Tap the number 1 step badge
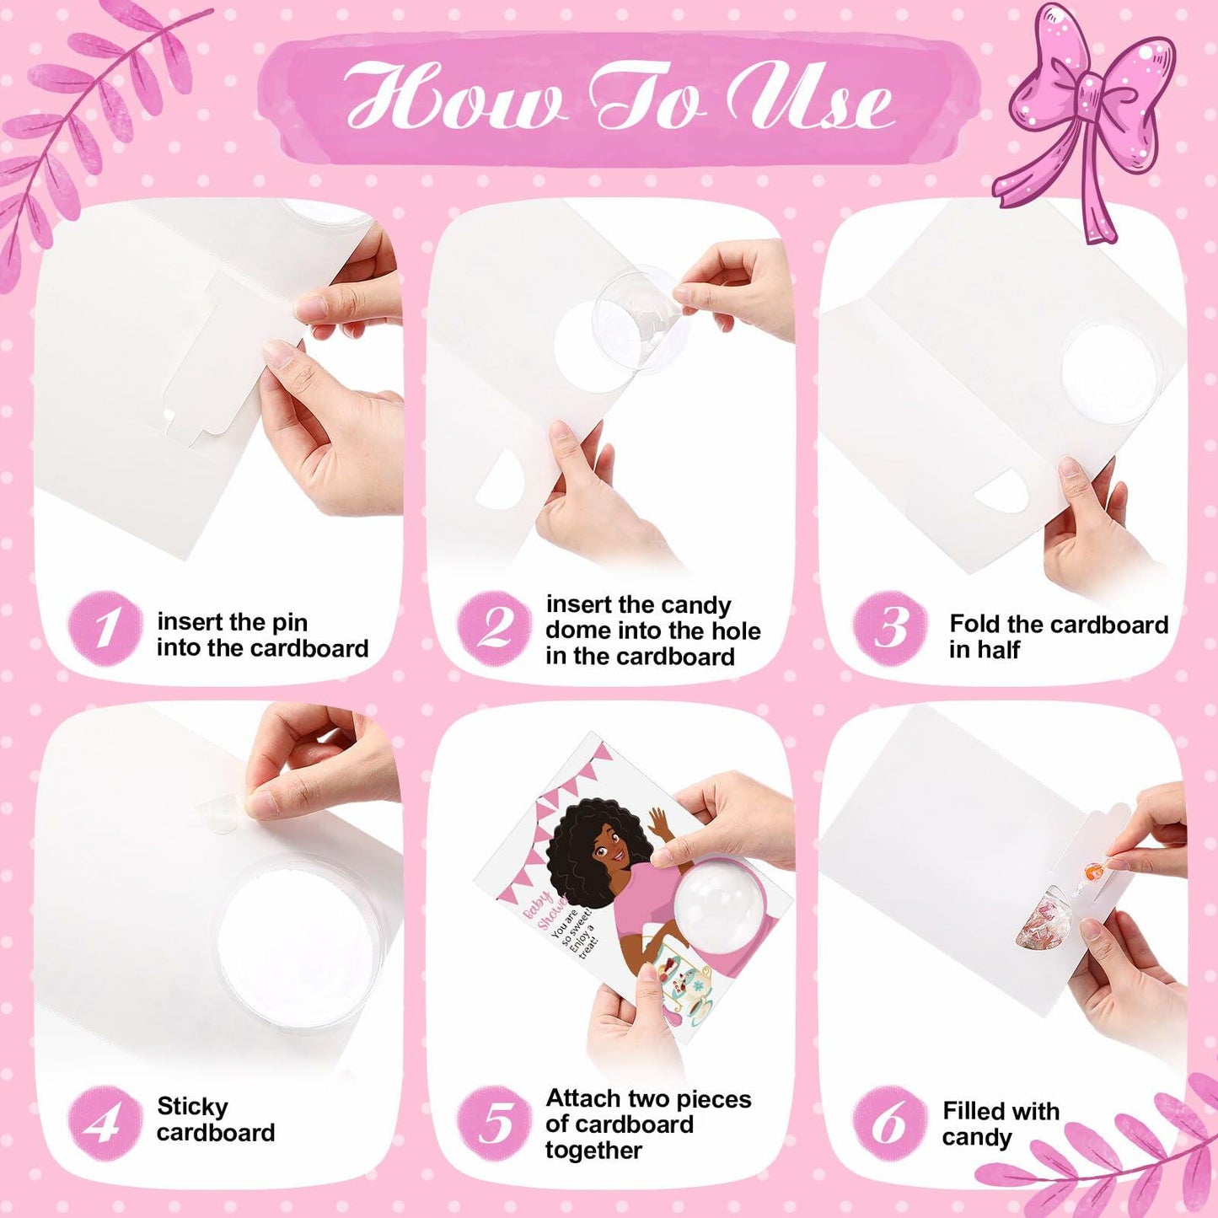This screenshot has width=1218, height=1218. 105,629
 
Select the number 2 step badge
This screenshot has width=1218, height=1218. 494,629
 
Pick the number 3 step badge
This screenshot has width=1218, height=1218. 890,629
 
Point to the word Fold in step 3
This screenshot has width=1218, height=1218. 974,624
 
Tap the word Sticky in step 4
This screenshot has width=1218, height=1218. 192,1108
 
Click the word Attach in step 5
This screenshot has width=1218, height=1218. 582,1099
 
